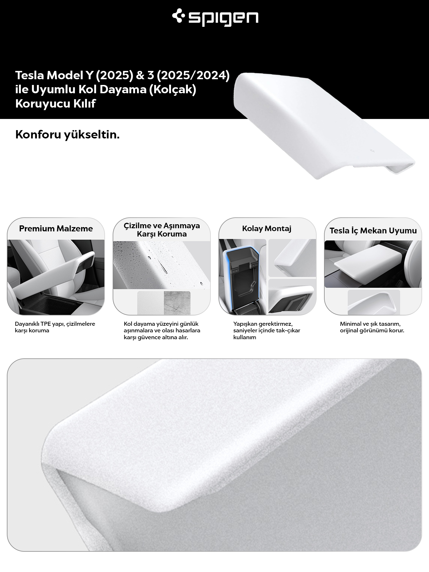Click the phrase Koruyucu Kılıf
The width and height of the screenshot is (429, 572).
(55, 104)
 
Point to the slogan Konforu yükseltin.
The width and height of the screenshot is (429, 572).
(67, 135)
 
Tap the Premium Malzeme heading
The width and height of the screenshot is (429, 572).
(56, 229)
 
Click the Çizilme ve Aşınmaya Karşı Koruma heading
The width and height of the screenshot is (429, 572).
(162, 230)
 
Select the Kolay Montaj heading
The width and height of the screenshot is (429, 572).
(267, 229)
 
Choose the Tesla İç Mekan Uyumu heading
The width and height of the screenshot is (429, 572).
(373, 231)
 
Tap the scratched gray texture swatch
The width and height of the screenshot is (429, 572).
(177, 303)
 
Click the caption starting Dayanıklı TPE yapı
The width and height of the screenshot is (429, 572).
(55, 327)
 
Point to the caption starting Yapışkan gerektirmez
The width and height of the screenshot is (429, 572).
(267, 331)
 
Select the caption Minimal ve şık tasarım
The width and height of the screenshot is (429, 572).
(372, 327)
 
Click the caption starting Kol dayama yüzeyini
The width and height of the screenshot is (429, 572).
(162, 331)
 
